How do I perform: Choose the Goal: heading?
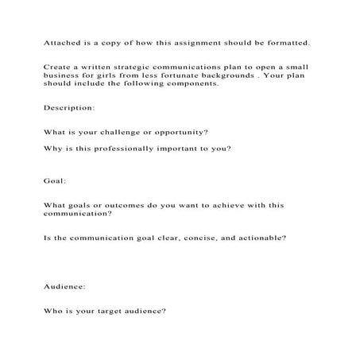pyautogui.click(x=55, y=180)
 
